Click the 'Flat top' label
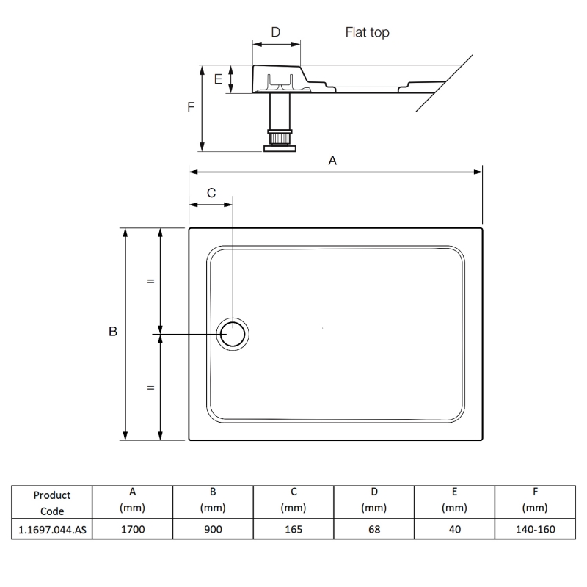(367, 32)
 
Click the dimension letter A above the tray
(332, 161)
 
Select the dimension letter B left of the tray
(113, 332)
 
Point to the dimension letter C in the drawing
(211, 193)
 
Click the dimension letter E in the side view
(218, 79)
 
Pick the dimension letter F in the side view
(191, 107)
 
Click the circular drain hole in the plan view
(234, 335)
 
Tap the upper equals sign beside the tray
(150, 281)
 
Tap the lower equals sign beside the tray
(150, 387)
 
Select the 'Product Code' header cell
(52, 503)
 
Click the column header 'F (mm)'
(535, 500)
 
